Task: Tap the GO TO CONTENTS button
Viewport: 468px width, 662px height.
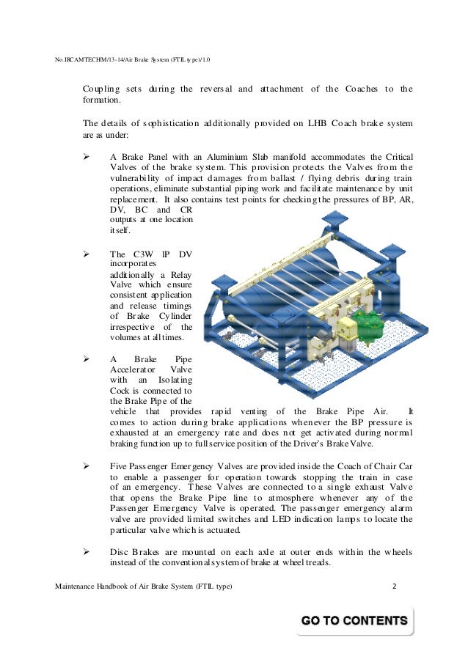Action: click(x=354, y=621)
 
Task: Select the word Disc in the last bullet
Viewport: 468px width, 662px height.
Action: click(x=120, y=552)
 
